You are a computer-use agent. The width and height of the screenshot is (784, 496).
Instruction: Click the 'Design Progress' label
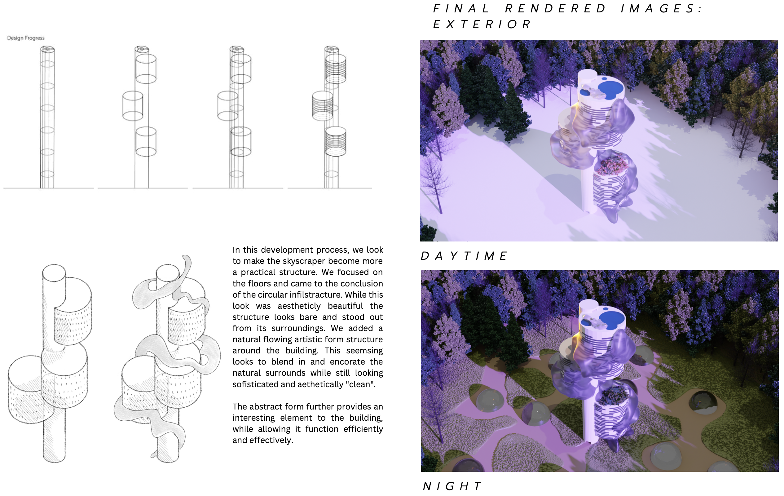(x=26, y=38)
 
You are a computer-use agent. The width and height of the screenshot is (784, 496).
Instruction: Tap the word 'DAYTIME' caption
(x=464, y=256)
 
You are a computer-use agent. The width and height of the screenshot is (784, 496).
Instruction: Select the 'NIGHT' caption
(x=452, y=486)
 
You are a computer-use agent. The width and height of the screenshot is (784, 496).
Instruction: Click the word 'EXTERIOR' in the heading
(x=482, y=24)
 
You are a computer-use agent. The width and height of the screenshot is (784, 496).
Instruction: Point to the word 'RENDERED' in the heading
(x=555, y=9)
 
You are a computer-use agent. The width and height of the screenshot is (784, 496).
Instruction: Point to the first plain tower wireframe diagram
(x=47, y=117)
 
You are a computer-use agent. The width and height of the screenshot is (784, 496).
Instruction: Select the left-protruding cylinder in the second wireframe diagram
(x=133, y=106)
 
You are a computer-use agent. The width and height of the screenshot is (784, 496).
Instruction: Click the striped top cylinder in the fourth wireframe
(x=336, y=69)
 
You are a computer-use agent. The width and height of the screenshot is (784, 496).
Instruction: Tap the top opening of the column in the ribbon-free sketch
(x=54, y=273)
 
